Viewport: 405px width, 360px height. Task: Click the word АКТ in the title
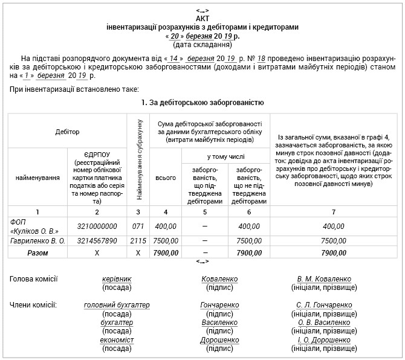(202, 19)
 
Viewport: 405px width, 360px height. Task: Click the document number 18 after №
(261, 58)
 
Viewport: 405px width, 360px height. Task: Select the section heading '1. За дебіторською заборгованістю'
(202, 103)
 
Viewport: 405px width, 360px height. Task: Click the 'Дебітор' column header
(67, 131)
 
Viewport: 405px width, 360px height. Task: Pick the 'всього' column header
(165, 178)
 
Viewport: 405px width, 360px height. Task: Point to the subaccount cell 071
(138, 226)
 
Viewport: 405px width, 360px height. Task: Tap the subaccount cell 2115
(138, 240)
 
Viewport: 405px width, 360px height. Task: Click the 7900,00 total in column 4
(165, 252)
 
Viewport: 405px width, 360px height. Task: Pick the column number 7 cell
(333, 211)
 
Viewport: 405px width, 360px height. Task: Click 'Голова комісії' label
(34, 279)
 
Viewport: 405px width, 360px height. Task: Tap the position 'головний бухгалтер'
(117, 305)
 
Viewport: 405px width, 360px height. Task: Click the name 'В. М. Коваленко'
(324, 279)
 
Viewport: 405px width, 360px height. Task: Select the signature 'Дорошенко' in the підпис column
(219, 341)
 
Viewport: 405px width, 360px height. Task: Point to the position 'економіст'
(117, 341)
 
